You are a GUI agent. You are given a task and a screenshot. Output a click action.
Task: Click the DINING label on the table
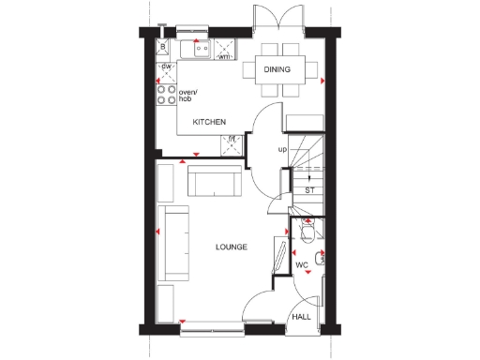click(x=277, y=69)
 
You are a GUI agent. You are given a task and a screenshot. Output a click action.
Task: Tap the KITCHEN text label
click(x=208, y=123)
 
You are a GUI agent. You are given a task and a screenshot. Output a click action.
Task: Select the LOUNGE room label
click(x=231, y=247)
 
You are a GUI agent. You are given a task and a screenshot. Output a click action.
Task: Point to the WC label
click(x=302, y=265)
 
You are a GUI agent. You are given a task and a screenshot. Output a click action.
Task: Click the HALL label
click(x=301, y=318)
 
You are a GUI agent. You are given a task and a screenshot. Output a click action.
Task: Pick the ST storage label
click(x=309, y=190)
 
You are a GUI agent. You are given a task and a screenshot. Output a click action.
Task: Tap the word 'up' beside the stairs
click(x=281, y=149)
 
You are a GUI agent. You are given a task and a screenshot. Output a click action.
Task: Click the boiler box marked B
click(x=163, y=46)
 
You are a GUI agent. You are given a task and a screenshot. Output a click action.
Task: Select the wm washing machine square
click(x=224, y=50)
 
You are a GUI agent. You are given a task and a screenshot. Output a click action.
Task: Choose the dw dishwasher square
click(x=166, y=67)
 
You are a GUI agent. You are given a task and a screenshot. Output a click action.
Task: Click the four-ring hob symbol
click(x=166, y=92)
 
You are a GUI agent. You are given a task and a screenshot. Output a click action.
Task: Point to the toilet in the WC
click(x=307, y=232)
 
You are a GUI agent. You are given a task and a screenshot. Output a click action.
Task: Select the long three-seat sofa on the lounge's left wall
click(x=173, y=244)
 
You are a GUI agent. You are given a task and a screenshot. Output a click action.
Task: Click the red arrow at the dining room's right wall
click(x=322, y=82)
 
